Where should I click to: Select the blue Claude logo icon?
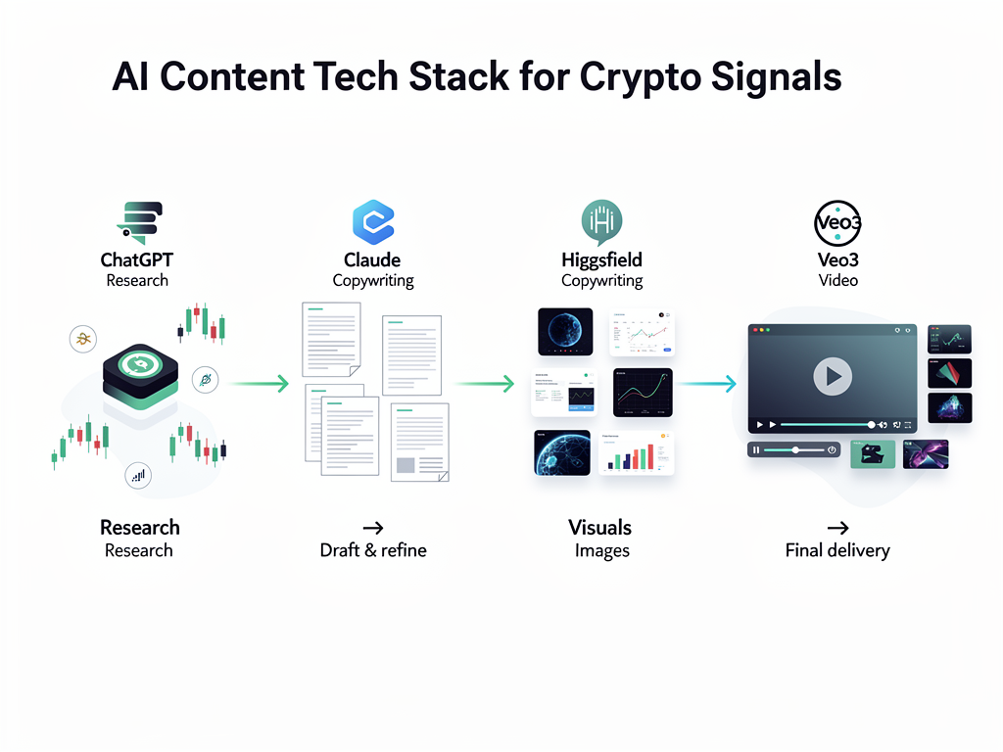(x=372, y=222)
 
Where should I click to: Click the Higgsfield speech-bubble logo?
(x=601, y=222)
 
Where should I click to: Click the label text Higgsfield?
(x=601, y=260)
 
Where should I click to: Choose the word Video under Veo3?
(x=837, y=281)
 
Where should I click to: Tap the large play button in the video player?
(x=833, y=375)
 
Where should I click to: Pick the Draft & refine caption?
(x=373, y=550)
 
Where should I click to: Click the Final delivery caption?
(x=837, y=550)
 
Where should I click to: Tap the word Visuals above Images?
(x=600, y=528)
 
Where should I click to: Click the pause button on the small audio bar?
(x=755, y=449)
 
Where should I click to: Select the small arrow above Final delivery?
(x=837, y=528)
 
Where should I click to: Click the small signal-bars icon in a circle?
(x=139, y=476)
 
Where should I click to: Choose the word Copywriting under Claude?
(x=372, y=281)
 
